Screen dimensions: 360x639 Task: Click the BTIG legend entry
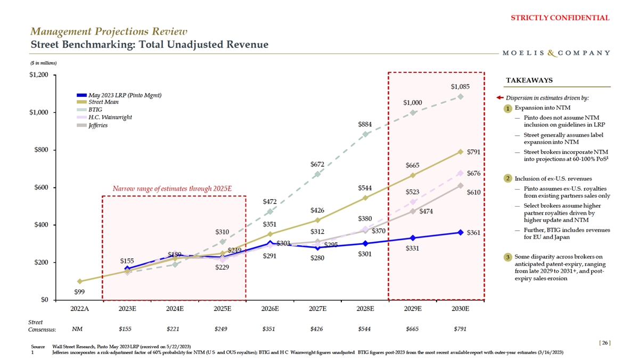pos(95,110)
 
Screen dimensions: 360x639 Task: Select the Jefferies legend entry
pos(98,125)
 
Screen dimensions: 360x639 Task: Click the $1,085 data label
pos(460,86)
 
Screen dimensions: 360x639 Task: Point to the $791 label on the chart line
pos(474,152)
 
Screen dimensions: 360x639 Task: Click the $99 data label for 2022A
pos(79,291)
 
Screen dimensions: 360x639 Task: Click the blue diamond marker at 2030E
pos(460,232)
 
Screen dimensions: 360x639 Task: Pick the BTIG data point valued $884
pos(365,134)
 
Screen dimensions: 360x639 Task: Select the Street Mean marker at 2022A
pos(79,281)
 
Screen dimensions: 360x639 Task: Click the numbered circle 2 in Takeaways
pos(509,178)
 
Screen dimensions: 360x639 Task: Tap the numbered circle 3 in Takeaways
pos(509,258)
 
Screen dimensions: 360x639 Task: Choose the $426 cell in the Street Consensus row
pos(317,329)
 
